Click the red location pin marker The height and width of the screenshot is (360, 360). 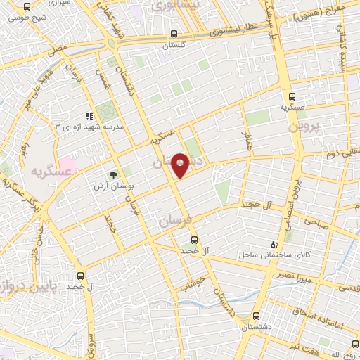point(181,165)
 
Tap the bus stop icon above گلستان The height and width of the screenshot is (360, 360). point(174,34)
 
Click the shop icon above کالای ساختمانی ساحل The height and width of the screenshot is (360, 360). point(275,245)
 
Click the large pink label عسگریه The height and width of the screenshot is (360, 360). point(50,171)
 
